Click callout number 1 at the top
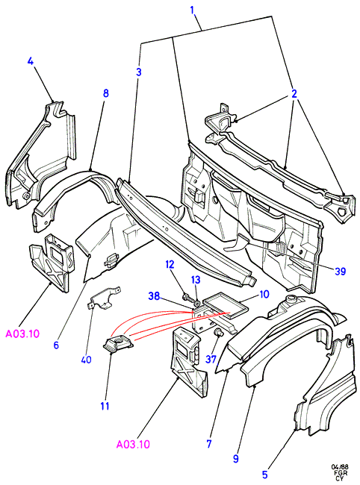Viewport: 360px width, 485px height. [192, 10]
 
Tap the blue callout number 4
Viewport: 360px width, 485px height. [31, 61]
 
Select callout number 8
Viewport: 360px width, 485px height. [105, 93]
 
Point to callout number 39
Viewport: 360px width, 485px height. [340, 272]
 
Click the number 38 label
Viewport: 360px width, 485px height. [154, 296]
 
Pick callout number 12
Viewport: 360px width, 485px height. [170, 264]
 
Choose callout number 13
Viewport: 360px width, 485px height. [196, 280]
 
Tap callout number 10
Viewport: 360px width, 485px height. [264, 294]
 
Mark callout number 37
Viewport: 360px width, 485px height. [211, 359]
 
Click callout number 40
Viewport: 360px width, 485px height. [87, 360]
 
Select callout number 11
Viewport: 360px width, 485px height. [105, 406]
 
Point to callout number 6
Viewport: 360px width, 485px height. [56, 345]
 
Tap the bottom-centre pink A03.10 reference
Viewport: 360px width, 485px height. [133, 444]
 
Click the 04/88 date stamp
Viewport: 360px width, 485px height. [340, 466]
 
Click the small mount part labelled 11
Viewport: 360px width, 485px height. [119, 344]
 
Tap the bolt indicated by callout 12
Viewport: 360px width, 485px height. [187, 298]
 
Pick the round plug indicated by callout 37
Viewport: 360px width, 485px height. [219, 333]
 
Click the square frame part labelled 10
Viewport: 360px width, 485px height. [226, 306]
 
